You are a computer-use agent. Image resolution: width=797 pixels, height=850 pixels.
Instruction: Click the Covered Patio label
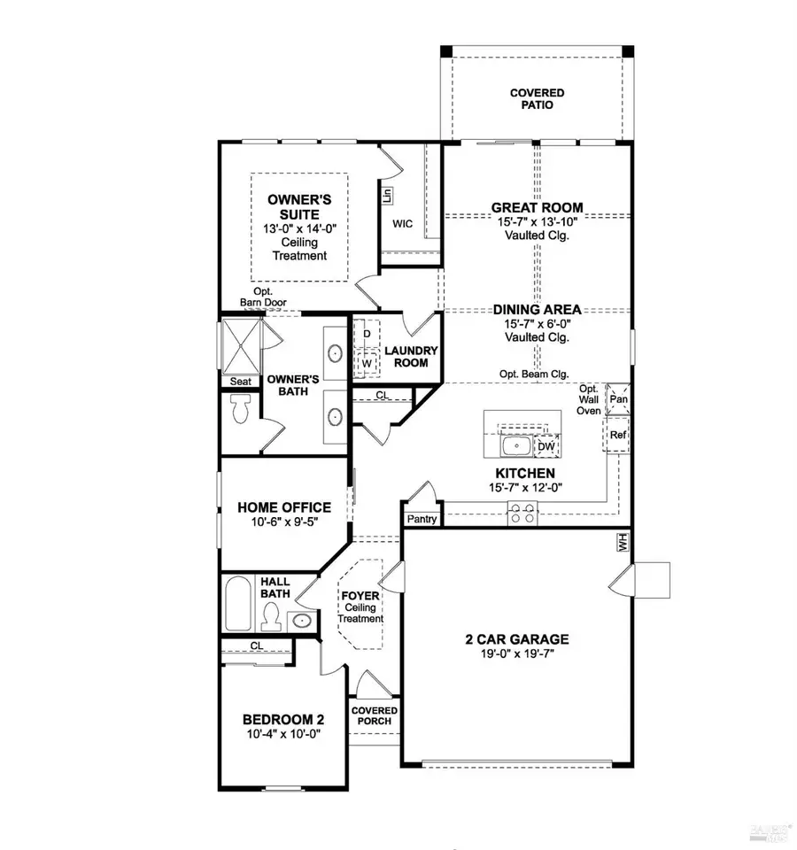tap(537, 98)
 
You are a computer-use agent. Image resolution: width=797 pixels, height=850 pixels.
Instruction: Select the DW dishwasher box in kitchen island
tap(546, 447)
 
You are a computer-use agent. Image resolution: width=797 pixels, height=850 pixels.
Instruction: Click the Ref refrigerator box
tap(617, 435)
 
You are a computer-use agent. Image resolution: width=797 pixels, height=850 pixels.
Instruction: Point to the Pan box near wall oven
tap(617, 399)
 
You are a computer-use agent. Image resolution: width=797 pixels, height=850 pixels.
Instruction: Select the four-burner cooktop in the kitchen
tap(522, 514)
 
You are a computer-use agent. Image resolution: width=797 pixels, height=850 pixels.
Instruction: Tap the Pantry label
tap(422, 519)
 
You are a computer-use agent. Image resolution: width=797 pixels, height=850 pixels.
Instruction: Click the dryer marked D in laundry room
tap(367, 333)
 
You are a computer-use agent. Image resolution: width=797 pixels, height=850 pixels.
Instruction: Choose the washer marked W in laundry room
tap(367, 362)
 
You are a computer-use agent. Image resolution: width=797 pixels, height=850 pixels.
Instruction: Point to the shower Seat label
tap(240, 382)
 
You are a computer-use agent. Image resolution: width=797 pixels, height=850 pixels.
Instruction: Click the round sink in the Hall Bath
tap(302, 620)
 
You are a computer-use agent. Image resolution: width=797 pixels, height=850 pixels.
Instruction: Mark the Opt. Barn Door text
tap(262, 297)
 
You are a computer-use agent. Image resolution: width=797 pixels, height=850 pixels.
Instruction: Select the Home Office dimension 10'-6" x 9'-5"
tap(271, 523)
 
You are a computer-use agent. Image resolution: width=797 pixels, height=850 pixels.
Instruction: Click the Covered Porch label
tap(375, 715)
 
